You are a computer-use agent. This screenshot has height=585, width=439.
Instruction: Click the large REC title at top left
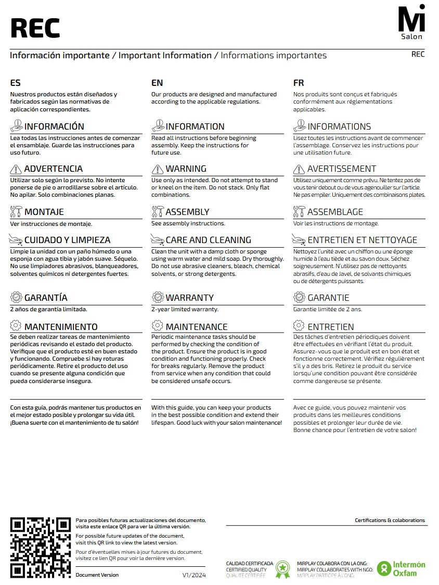[x=35, y=28]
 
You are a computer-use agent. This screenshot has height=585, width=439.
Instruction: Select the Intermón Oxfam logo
[x=401, y=568]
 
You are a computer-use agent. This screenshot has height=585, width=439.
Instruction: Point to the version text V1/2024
[x=193, y=575]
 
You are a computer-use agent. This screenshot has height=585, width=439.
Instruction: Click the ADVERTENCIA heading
[x=53, y=169]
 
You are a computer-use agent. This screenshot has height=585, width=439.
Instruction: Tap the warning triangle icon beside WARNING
[x=158, y=169]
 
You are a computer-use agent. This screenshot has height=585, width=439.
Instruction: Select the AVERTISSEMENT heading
[x=341, y=169]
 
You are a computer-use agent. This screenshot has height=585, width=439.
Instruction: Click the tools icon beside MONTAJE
[x=16, y=212]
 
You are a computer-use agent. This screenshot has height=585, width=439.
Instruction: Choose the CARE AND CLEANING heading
[x=208, y=240]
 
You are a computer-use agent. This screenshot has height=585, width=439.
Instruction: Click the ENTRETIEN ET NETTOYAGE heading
[x=362, y=240]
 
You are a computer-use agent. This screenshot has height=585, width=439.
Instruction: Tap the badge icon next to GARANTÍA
[x=16, y=297]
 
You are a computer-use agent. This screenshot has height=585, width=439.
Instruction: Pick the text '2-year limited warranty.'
[x=185, y=309]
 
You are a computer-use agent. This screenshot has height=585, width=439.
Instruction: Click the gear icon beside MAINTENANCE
[x=158, y=326]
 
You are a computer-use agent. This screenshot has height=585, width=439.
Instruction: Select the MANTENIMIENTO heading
[x=61, y=327]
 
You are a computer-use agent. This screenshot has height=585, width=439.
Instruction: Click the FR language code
[x=299, y=83]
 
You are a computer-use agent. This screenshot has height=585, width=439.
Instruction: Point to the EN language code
[x=157, y=83]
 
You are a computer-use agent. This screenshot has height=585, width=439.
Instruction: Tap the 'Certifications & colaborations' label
[x=390, y=520]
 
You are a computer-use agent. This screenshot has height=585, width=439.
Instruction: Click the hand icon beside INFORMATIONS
[x=299, y=126]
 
